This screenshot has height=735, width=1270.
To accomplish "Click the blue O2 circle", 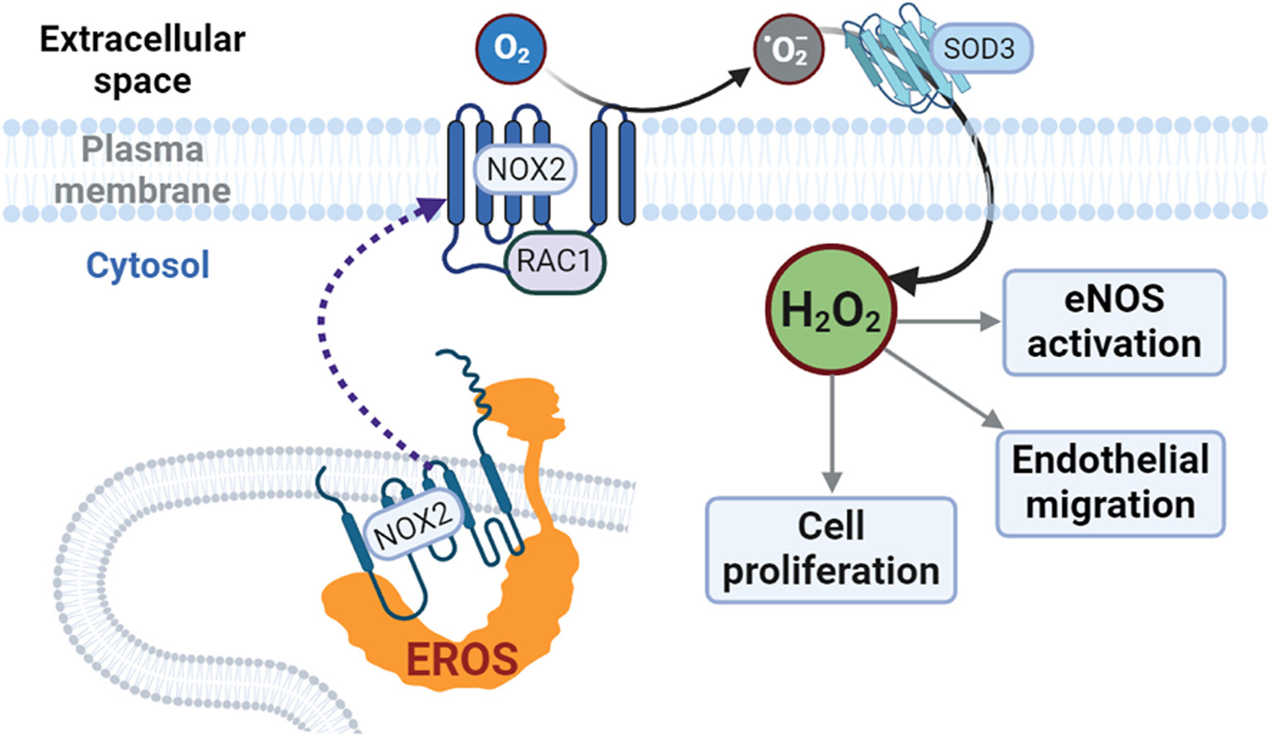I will tap(511, 49).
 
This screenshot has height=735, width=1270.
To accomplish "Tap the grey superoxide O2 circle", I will tap(788, 49).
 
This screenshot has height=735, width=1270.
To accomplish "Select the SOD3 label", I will tap(979, 49).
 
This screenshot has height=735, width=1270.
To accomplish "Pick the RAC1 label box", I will tap(554, 261).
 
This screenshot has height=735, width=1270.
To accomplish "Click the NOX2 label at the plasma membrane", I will tap(525, 169).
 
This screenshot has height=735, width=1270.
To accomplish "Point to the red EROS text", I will tap(461, 660).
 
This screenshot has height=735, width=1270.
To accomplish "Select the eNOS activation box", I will tap(1114, 322).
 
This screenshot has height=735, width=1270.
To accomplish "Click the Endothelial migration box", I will tap(1110, 483).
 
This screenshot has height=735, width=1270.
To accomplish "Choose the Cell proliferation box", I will tap(830, 549).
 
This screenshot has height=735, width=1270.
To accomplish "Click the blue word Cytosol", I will tap(148, 265).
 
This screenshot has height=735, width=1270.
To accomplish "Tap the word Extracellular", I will tap(143, 39).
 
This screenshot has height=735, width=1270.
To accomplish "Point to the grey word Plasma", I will tap(143, 149).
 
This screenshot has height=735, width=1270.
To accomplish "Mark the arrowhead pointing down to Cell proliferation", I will tap(831, 481).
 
